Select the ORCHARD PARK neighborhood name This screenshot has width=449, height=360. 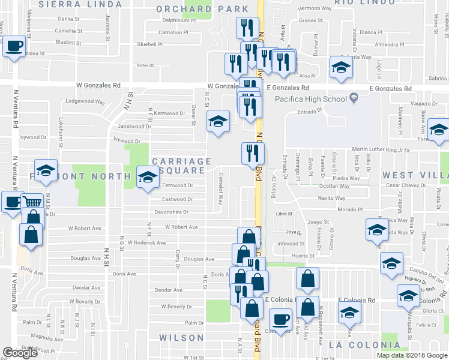coord(202,9)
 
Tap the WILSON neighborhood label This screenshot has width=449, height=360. coord(181,338)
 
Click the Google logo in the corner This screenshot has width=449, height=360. coord(20,353)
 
